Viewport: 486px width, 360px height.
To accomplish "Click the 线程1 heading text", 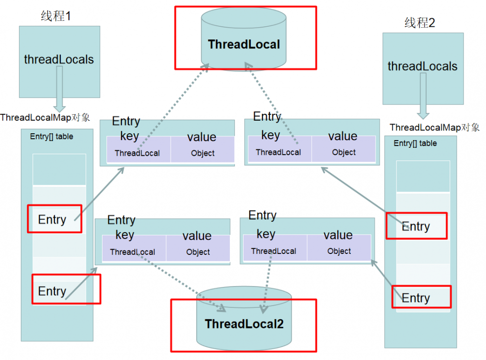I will click(x=56, y=16).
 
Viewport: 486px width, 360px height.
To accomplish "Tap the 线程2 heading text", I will click(x=419, y=22).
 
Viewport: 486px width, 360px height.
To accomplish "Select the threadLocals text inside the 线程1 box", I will click(x=59, y=60).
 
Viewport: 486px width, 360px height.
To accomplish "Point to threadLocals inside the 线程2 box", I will click(x=422, y=66).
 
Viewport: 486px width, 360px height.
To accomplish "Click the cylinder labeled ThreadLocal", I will click(x=244, y=44).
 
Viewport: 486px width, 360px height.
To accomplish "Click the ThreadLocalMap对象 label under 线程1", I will click(x=45, y=117).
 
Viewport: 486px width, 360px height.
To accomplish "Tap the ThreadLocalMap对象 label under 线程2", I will click(x=434, y=127).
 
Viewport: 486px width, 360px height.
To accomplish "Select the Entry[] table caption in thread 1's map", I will click(x=52, y=137).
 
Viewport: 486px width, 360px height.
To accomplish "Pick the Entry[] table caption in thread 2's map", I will click(x=415, y=144).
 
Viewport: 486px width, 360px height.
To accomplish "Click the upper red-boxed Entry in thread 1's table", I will click(x=52, y=219).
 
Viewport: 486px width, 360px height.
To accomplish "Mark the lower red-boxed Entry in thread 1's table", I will click(x=52, y=291).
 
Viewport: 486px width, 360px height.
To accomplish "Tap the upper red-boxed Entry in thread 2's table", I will click(x=416, y=226).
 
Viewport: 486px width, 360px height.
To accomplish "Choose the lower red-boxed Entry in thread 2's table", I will click(x=416, y=298).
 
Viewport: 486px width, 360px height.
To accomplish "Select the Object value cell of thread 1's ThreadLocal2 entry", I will click(x=198, y=252).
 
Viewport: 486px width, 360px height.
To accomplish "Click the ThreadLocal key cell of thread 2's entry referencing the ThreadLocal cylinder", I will click(x=278, y=152).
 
